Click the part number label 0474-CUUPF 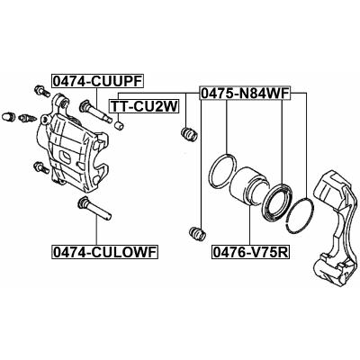[96, 81]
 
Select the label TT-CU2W [144, 106]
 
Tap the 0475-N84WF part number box [245, 94]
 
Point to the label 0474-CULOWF [104, 252]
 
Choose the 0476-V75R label [250, 252]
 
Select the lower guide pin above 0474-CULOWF [94, 208]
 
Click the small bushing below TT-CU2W [120, 125]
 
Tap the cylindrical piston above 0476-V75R [248, 187]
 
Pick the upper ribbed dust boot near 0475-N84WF [189, 134]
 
